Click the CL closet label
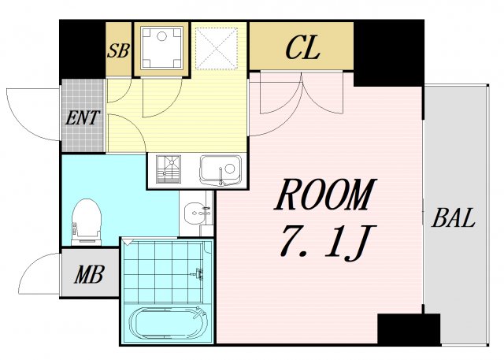coord(302,49)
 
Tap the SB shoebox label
coord(118,52)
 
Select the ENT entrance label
coord(82,119)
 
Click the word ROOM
coord(325,195)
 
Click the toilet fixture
coord(86,218)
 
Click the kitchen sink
coord(221,169)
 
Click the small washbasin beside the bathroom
coord(197,213)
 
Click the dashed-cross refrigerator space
coord(217,47)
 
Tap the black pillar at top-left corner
coord(82,47)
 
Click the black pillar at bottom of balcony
coord(408,328)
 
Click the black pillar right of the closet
coord(389,52)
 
